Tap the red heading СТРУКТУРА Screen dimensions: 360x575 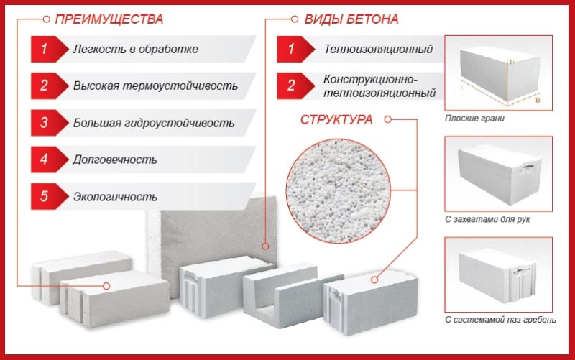[336, 119]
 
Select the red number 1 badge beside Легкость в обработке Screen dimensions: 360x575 [45, 50]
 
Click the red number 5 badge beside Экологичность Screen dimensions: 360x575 [45, 195]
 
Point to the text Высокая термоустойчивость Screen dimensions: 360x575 [155, 86]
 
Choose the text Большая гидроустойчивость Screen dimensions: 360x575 [153, 123]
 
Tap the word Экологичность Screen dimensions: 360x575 [115, 196]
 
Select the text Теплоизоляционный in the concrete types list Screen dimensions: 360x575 [377, 50]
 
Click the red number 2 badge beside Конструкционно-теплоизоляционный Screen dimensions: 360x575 [291, 86]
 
